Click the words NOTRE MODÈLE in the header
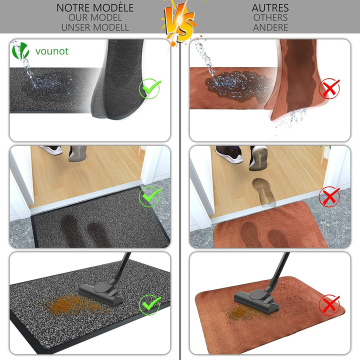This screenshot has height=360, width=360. click(95, 8)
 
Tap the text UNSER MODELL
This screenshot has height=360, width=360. click(95, 27)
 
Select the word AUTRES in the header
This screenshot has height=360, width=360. click(270, 8)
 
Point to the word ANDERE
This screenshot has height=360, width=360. click(270, 27)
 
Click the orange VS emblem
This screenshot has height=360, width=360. click(179, 22)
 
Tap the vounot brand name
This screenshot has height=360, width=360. click(52, 51)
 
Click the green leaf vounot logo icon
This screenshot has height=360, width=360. click(20, 50)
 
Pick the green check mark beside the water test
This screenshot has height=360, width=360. click(149, 88)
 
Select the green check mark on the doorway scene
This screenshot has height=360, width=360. click(149, 197)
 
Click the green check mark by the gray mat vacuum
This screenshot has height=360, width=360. click(149, 305)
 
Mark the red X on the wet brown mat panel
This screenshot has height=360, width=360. click(329, 88)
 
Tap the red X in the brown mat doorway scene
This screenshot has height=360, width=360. click(329, 197)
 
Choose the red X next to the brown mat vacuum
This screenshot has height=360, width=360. click(329, 305)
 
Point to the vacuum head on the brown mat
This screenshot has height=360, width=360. click(256, 300)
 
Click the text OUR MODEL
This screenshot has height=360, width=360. click(95, 17)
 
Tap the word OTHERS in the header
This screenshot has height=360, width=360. click(270, 17)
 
